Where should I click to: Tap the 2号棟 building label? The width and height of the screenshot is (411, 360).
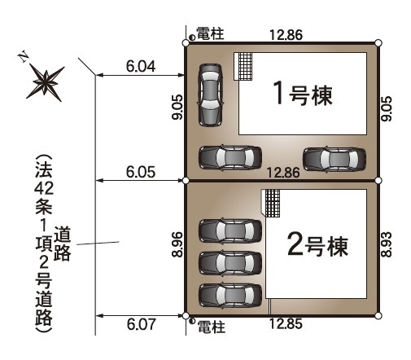pyautogui.click(x=317, y=245)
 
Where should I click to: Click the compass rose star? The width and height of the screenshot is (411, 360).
pyautogui.click(x=46, y=83)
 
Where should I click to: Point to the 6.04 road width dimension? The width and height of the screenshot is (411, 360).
pyautogui.click(x=141, y=66)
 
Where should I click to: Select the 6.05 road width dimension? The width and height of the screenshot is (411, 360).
pyautogui.click(x=141, y=172)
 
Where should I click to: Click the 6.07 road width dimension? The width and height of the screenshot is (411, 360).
pyautogui.click(x=142, y=324)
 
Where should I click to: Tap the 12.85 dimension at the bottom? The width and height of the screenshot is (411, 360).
pyautogui.click(x=286, y=323)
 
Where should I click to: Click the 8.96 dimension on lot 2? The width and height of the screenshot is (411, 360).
pyautogui.click(x=177, y=244)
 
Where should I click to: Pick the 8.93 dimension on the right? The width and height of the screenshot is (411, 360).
pyautogui.click(x=387, y=244)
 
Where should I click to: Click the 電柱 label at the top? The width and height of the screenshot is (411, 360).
pyautogui.click(x=210, y=33)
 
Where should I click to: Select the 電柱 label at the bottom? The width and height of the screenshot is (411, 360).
pyautogui.click(x=212, y=327)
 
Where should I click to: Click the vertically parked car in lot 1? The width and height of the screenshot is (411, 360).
pyautogui.click(x=211, y=95)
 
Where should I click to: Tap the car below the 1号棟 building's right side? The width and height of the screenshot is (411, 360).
pyautogui.click(x=334, y=160)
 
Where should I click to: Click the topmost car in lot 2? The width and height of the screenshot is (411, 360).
pyautogui.click(x=230, y=230)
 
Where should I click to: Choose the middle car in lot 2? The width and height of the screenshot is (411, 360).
pyautogui.click(x=230, y=262)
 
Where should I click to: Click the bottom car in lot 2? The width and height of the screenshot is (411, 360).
pyautogui.click(x=230, y=295)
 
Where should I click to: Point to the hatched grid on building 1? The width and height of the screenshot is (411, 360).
pyautogui.click(x=245, y=67)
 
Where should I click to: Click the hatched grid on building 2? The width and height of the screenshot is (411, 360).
pyautogui.click(x=273, y=204)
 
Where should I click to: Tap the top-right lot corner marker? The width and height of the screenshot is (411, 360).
pyautogui.click(x=378, y=43)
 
